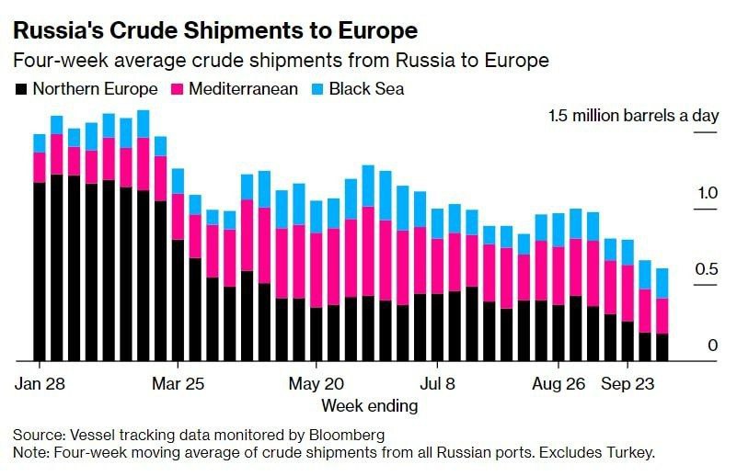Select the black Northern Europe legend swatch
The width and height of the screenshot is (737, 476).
pyautogui.click(x=20, y=89)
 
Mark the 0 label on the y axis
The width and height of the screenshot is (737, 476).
pyautogui.click(x=712, y=345)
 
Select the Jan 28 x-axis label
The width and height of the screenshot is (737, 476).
pyautogui.click(x=40, y=382)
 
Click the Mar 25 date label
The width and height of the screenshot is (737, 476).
pyautogui.click(x=178, y=382)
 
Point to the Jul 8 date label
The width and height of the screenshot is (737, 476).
pyautogui.click(x=437, y=382)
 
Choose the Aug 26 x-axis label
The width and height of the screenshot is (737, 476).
pyautogui.click(x=559, y=382)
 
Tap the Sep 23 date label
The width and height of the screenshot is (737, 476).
pyautogui.click(x=628, y=382)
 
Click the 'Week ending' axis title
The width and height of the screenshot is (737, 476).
pyautogui.click(x=369, y=405)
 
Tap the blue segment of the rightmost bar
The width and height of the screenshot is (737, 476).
pyautogui.click(x=662, y=283)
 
